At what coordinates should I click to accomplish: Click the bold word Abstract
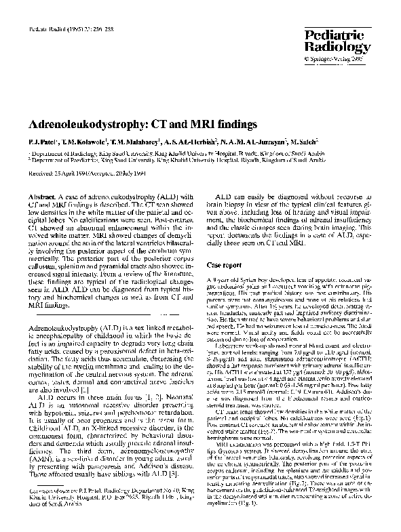[40, 196]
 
